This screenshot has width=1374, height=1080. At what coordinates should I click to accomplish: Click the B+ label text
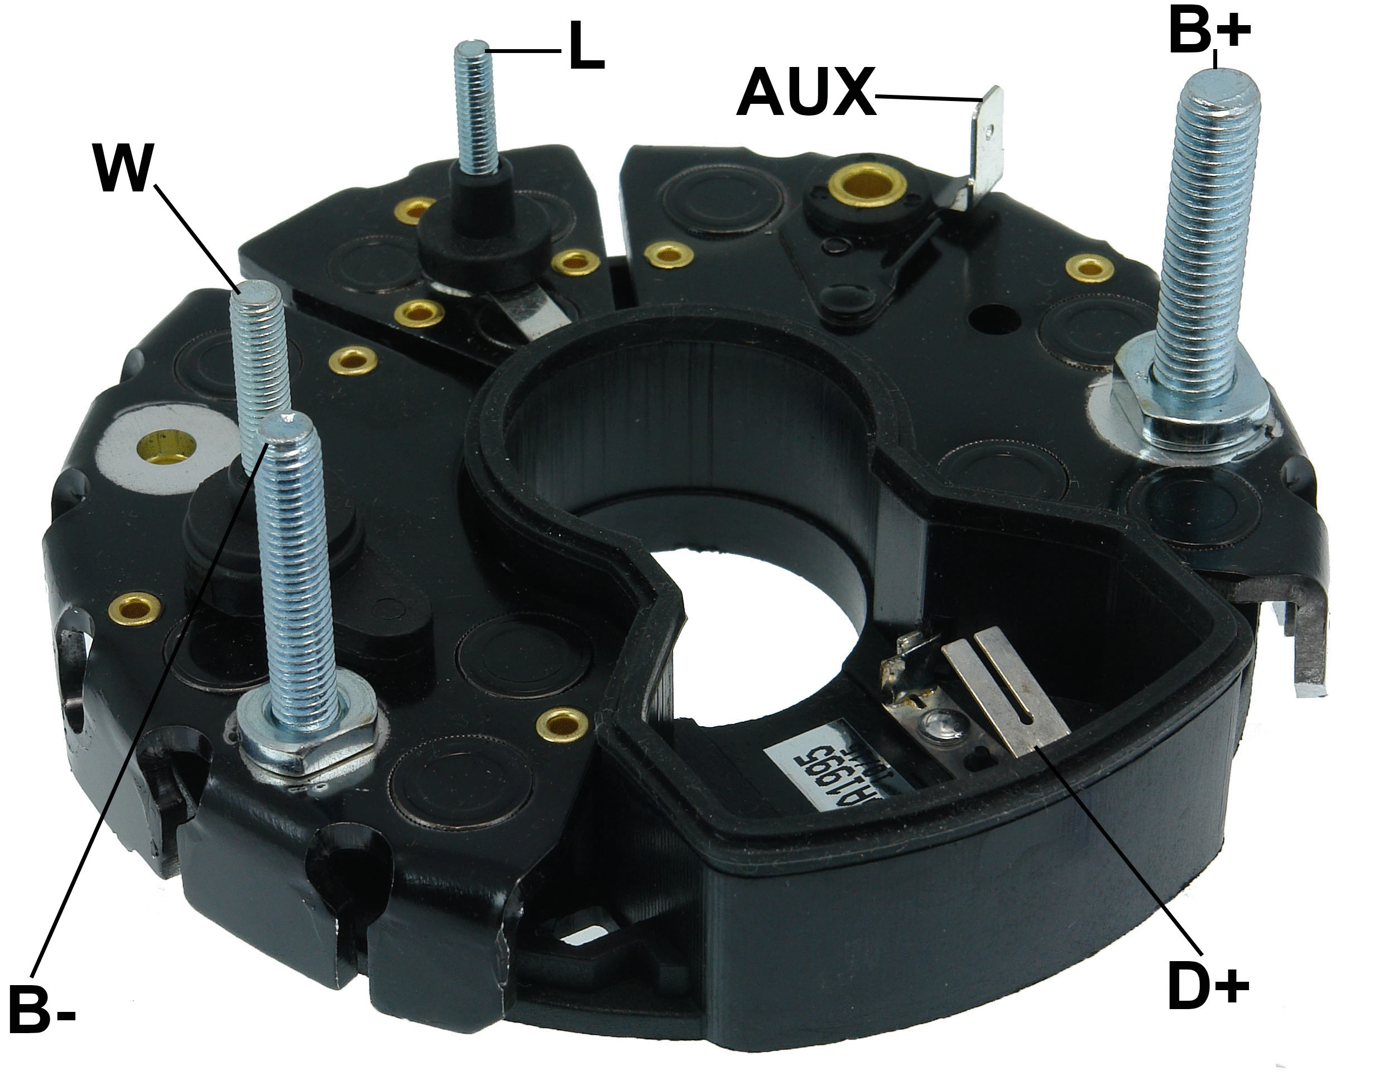pos(1209,32)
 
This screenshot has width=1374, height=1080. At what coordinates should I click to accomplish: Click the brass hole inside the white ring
pos(166,448)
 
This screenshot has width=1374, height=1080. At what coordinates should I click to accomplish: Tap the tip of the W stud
pos(254,291)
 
